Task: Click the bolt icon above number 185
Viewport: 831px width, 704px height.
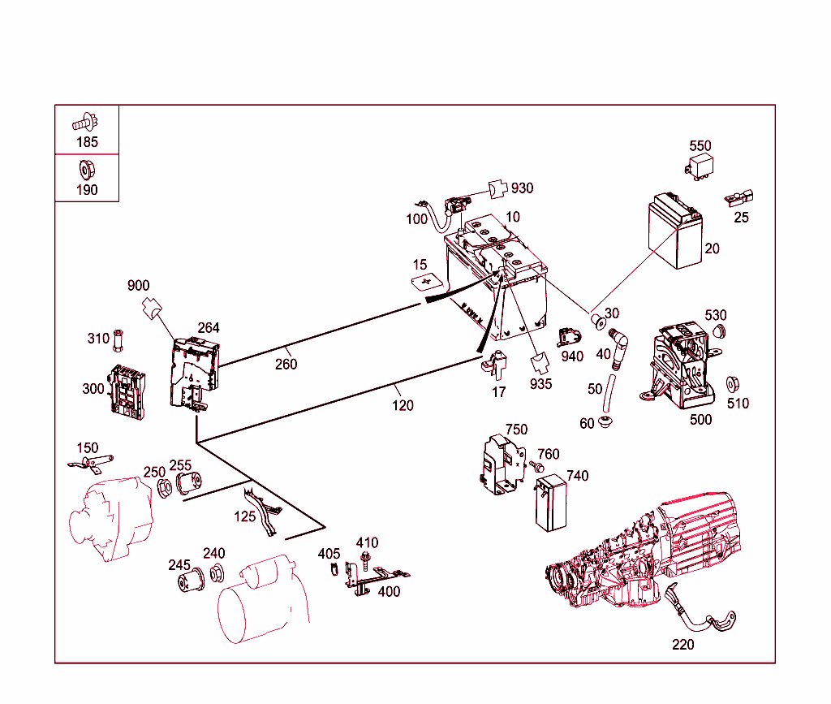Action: click(84, 123)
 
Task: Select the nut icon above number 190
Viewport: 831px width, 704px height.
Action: click(84, 171)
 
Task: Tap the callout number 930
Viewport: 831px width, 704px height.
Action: click(522, 188)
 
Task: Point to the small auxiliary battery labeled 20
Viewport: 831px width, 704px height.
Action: click(675, 235)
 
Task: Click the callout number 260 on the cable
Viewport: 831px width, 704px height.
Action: click(286, 364)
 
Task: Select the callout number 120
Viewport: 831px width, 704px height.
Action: click(403, 405)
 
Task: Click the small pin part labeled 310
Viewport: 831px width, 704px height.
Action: click(119, 339)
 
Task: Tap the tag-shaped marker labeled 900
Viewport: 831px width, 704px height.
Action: click(151, 308)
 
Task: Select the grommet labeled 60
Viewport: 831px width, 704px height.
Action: click(605, 422)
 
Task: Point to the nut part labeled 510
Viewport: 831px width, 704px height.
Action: click(732, 383)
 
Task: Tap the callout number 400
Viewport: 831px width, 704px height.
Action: click(389, 591)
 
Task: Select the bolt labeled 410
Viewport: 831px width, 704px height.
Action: click(367, 559)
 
